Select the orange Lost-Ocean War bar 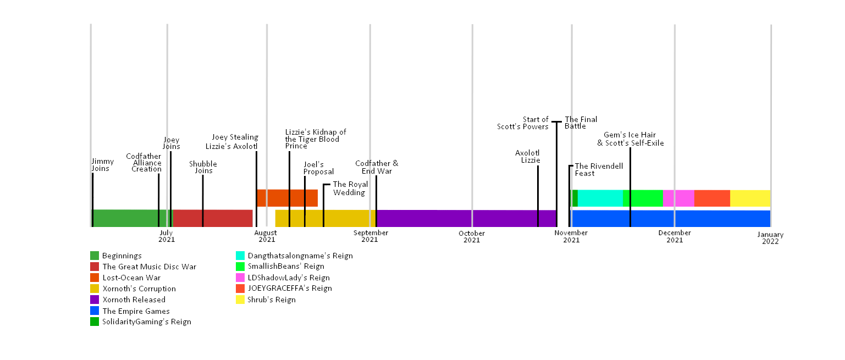[x=287, y=198]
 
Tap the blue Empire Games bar [x=671, y=218]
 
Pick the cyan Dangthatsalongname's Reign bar [x=600, y=198]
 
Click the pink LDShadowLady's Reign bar [x=678, y=198]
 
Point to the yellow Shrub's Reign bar [x=750, y=198]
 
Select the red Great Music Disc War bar [x=213, y=218]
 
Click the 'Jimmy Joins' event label [x=103, y=165]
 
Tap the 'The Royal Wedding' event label [x=350, y=189]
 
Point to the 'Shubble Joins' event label [x=203, y=167]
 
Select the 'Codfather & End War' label [x=377, y=167]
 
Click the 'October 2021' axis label [x=472, y=236]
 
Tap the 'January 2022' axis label [x=770, y=238]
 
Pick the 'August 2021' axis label [x=267, y=236]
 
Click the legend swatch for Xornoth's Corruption [x=95, y=289]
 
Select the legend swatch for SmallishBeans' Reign [x=240, y=267]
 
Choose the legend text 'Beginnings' [x=122, y=256]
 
